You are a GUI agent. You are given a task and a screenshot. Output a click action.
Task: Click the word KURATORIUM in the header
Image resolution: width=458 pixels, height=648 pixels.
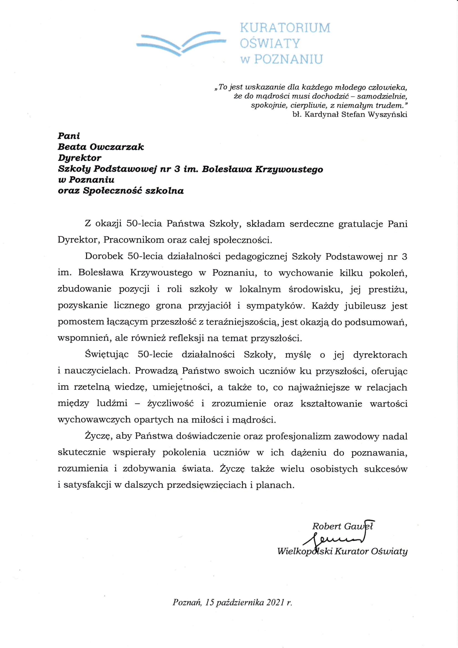(285, 28)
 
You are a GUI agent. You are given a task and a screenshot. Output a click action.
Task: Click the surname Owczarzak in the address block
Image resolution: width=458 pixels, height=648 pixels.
(117, 147)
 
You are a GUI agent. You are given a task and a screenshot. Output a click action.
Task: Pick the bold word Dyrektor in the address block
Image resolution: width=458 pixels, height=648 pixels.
(79, 158)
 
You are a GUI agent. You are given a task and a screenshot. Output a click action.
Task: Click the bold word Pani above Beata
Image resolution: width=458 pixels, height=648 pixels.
(69, 136)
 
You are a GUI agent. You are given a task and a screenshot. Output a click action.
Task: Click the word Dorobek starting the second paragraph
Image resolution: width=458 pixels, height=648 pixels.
(104, 257)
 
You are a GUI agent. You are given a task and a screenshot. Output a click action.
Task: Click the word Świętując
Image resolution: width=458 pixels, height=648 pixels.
(107, 354)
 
